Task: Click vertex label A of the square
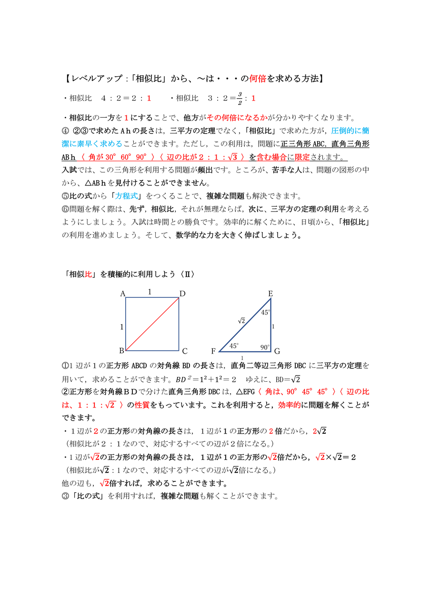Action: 122,294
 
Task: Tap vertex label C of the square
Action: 185,352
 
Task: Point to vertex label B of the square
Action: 122,351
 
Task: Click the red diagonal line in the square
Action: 152,324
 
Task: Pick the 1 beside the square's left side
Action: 121,327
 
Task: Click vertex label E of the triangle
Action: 270,294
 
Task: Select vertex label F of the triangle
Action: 213,352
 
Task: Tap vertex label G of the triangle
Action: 277,351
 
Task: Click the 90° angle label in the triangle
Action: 265,347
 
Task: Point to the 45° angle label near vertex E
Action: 265,313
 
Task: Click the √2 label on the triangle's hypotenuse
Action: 241,321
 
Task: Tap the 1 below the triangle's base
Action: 242,358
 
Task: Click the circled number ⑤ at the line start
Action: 66,196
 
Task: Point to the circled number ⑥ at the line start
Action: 66,209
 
